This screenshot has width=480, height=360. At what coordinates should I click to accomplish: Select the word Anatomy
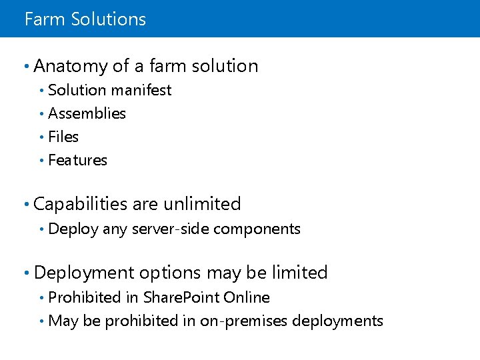pyautogui.click(x=71, y=66)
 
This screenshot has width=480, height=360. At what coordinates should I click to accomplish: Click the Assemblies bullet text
pyautogui.click(x=87, y=113)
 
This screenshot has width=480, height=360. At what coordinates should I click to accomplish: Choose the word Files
pyautogui.click(x=64, y=137)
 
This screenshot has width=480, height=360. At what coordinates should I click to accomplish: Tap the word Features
pyautogui.click(x=78, y=160)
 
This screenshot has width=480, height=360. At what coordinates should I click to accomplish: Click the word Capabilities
pyautogui.click(x=81, y=204)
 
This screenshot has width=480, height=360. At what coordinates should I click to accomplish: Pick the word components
pyautogui.click(x=257, y=229)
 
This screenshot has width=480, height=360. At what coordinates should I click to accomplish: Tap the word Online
pyautogui.click(x=247, y=297)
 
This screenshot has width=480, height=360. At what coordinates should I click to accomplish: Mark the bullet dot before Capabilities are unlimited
pyautogui.click(x=25, y=204)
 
